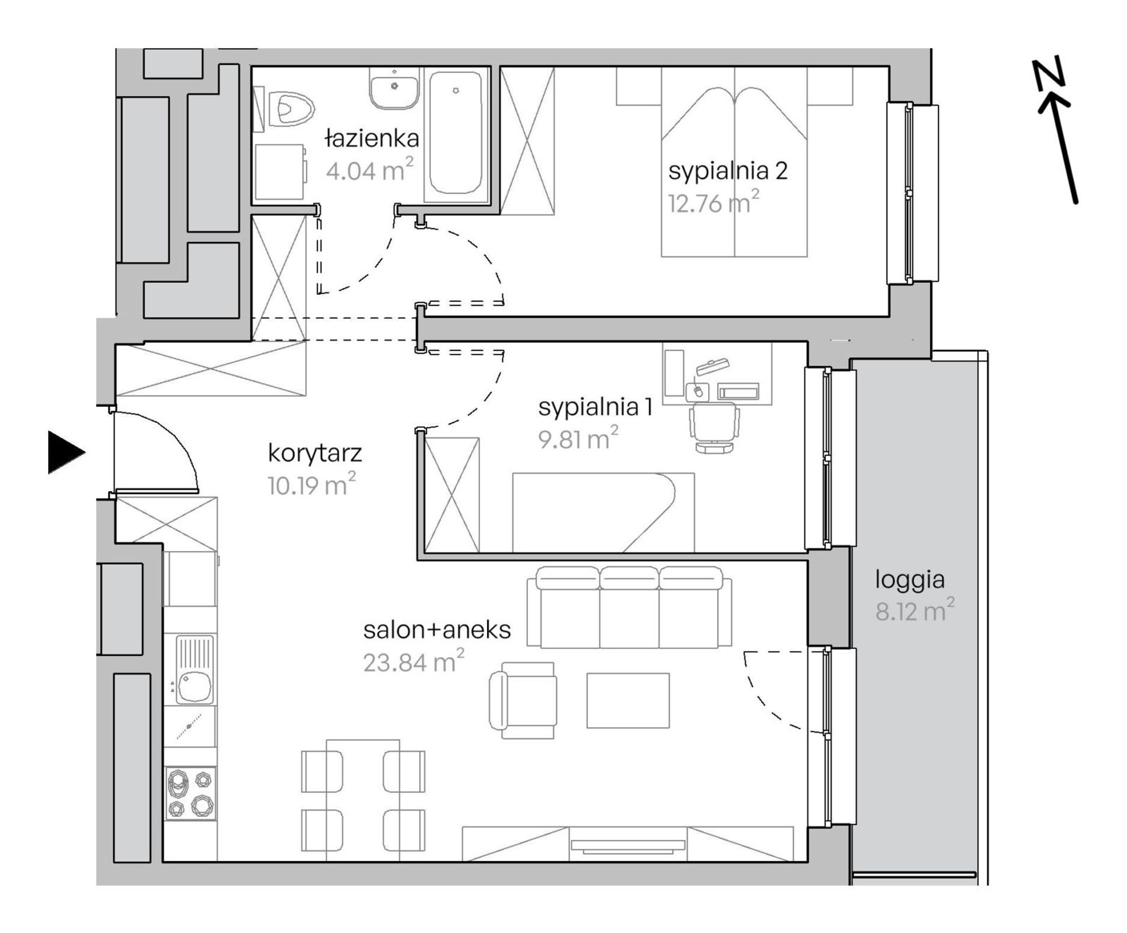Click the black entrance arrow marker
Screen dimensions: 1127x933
coord(65,453)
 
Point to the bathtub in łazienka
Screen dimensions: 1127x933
coord(456,133)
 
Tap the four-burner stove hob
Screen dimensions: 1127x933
coord(190,794)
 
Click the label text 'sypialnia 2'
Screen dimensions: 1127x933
coord(728,171)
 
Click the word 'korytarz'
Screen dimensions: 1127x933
coord(315,454)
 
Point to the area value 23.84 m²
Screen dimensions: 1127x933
coord(413,660)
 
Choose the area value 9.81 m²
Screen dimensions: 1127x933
coord(578,438)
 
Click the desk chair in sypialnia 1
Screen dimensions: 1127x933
coord(714,427)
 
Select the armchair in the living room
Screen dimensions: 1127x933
coord(523,700)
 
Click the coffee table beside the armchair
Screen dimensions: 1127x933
coord(628,700)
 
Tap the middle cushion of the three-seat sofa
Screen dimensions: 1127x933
coord(629,607)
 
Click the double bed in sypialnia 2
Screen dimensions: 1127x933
coord(734,162)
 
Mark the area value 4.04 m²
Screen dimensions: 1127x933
coord(369,170)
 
